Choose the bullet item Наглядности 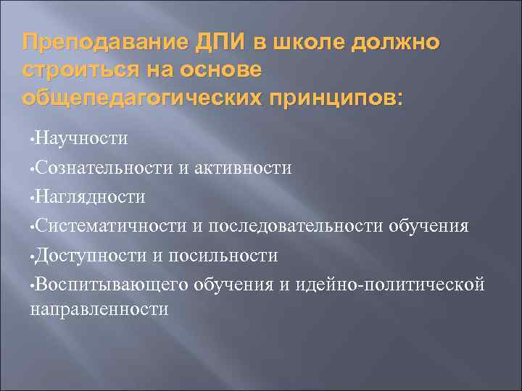(x=91, y=197)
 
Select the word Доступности (x=86, y=255)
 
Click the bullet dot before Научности (x=32, y=138)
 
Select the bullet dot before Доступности (x=32, y=256)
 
